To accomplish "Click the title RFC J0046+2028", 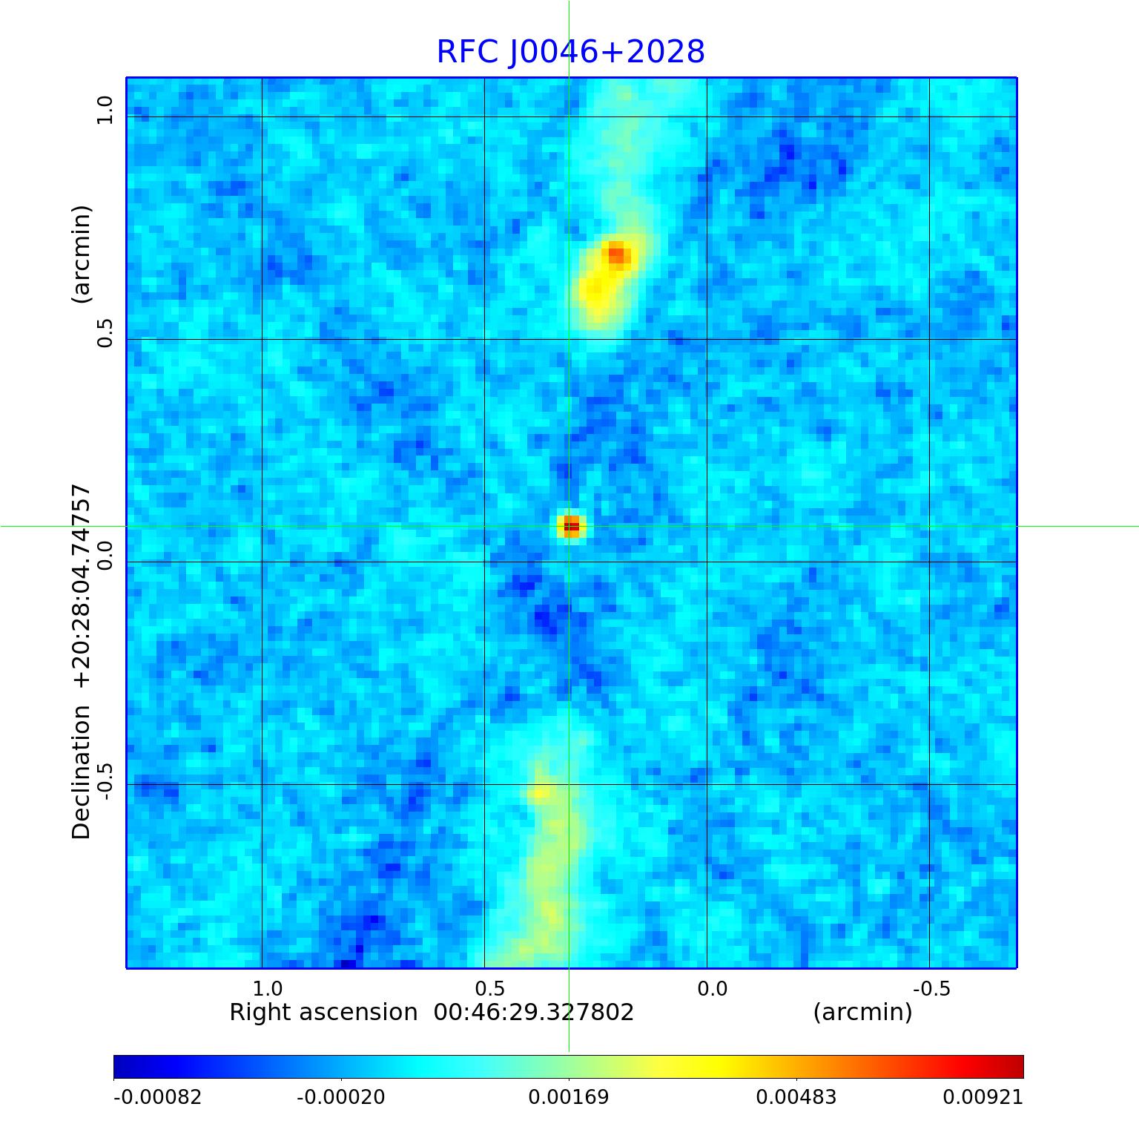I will (x=570, y=52).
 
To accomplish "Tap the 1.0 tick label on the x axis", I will (x=268, y=989).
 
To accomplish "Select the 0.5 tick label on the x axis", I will (x=490, y=989).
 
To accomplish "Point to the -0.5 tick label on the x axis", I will (x=931, y=989).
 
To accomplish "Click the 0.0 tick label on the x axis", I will (x=713, y=989).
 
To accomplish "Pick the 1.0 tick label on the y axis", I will (x=105, y=111).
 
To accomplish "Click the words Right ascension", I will (x=323, y=1013).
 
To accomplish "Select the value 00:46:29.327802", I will (x=534, y=1013).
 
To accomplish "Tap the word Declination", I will (x=81, y=772).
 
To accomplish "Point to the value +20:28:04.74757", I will (x=81, y=586).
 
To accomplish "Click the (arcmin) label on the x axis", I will (x=862, y=1013).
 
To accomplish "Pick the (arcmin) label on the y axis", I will (x=81, y=254).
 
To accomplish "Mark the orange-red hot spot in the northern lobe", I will (x=617, y=255).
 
